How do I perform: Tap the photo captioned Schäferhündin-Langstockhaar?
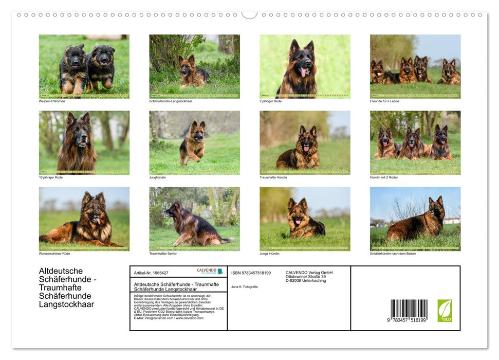(x=194, y=66)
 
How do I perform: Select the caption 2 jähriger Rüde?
(x=271, y=101)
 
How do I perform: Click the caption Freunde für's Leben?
(x=384, y=101)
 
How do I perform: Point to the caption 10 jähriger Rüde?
(x=51, y=177)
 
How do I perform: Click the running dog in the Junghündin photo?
(x=193, y=143)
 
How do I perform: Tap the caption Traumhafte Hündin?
(x=273, y=177)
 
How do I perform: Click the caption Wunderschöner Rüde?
(x=54, y=254)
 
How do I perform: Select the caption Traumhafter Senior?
(x=164, y=254)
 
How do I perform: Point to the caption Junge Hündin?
(x=270, y=254)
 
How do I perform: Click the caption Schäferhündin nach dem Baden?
(x=393, y=254)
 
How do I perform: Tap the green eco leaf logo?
(x=445, y=311)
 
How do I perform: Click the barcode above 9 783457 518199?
(x=409, y=309)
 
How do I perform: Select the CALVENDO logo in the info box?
(x=210, y=271)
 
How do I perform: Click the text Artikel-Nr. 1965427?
(x=151, y=273)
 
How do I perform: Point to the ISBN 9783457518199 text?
(x=251, y=273)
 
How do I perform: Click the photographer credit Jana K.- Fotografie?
(x=245, y=286)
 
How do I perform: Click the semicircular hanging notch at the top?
(x=250, y=14)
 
